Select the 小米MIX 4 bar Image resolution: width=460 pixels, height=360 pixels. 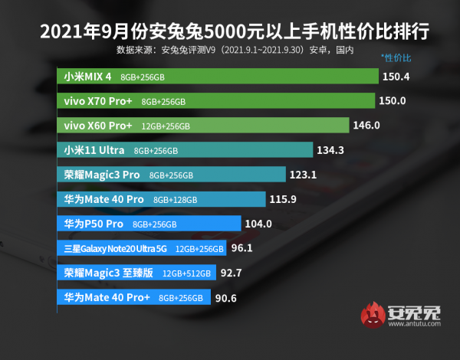[218, 77]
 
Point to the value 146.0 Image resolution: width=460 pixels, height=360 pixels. [366, 126]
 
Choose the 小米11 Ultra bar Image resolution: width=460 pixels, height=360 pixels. [185, 150]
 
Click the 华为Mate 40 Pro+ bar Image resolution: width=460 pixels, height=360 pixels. [133, 297]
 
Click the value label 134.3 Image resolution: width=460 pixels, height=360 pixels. [331, 150]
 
